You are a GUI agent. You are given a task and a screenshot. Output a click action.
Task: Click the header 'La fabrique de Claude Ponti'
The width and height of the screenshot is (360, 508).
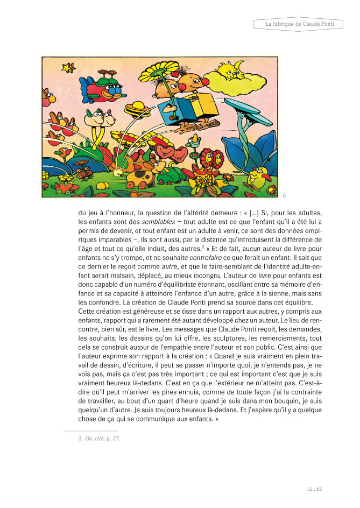[297, 25]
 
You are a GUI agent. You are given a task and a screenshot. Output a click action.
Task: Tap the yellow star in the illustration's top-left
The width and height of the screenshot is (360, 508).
[68, 68]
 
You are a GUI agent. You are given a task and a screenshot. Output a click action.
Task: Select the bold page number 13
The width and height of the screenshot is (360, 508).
[319, 489]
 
